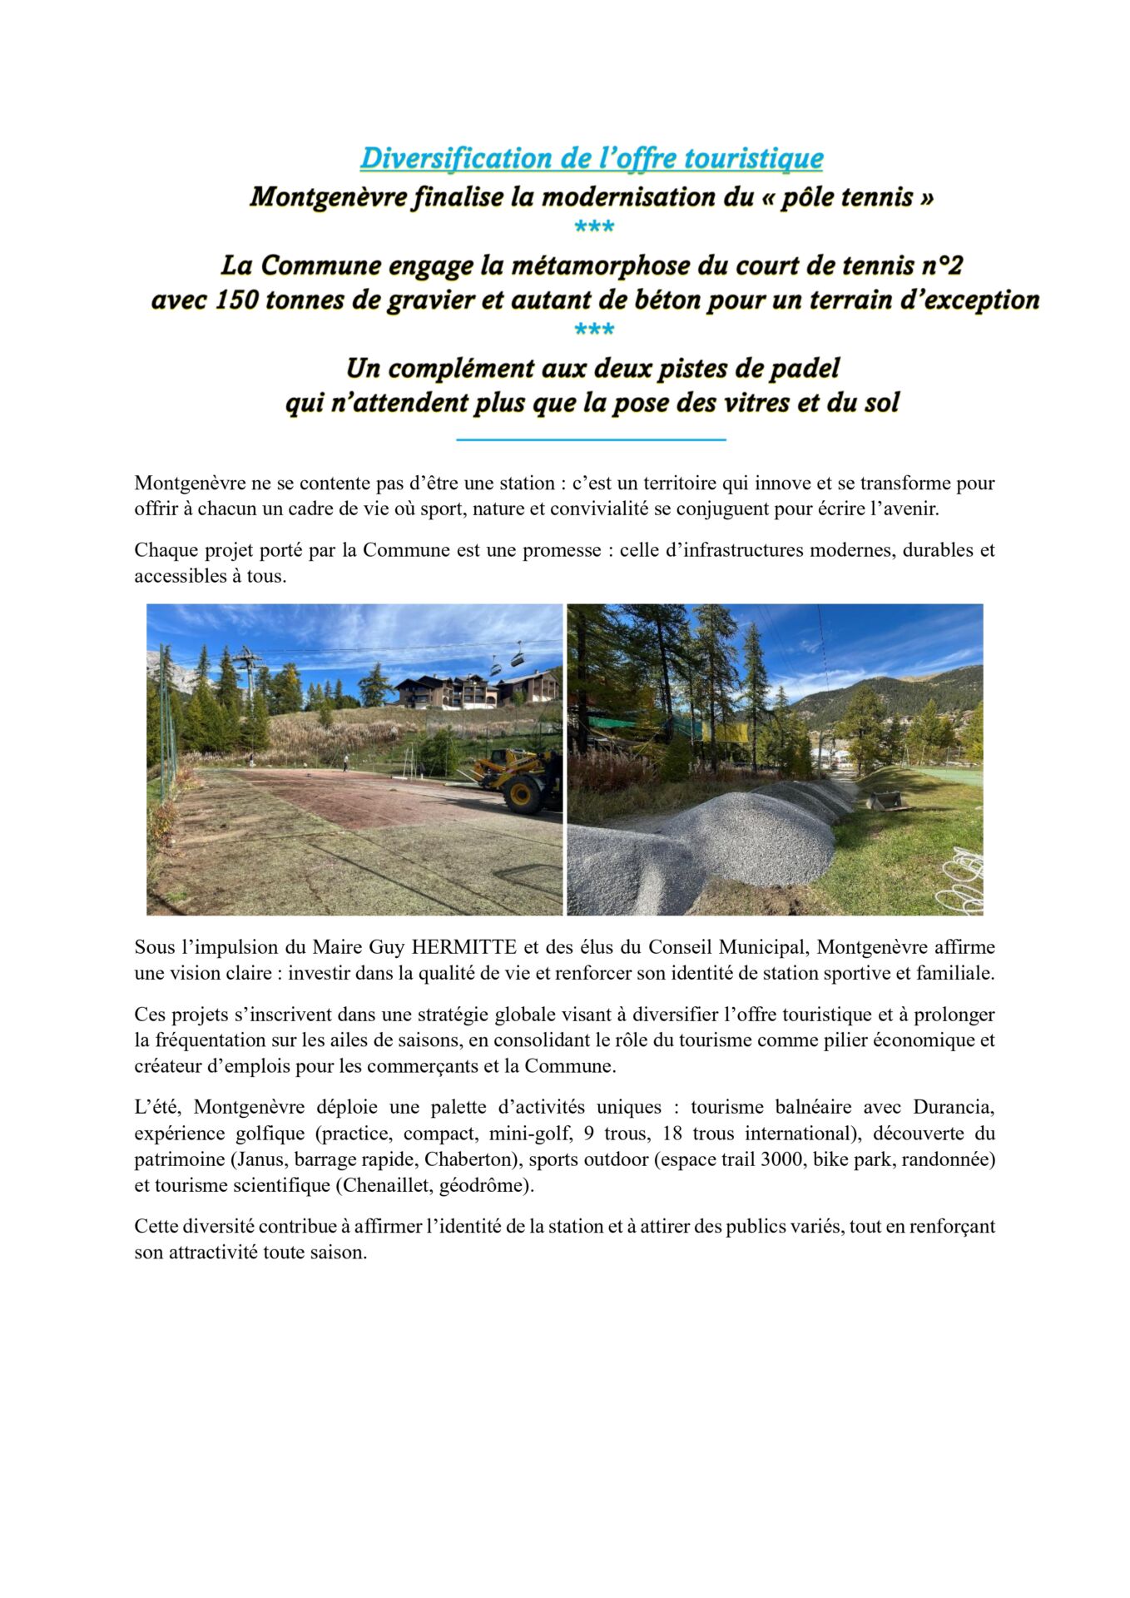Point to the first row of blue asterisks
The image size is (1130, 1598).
pos(593,227)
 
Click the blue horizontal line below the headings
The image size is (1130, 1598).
pos(592,439)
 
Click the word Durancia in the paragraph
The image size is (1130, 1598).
pos(954,1108)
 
